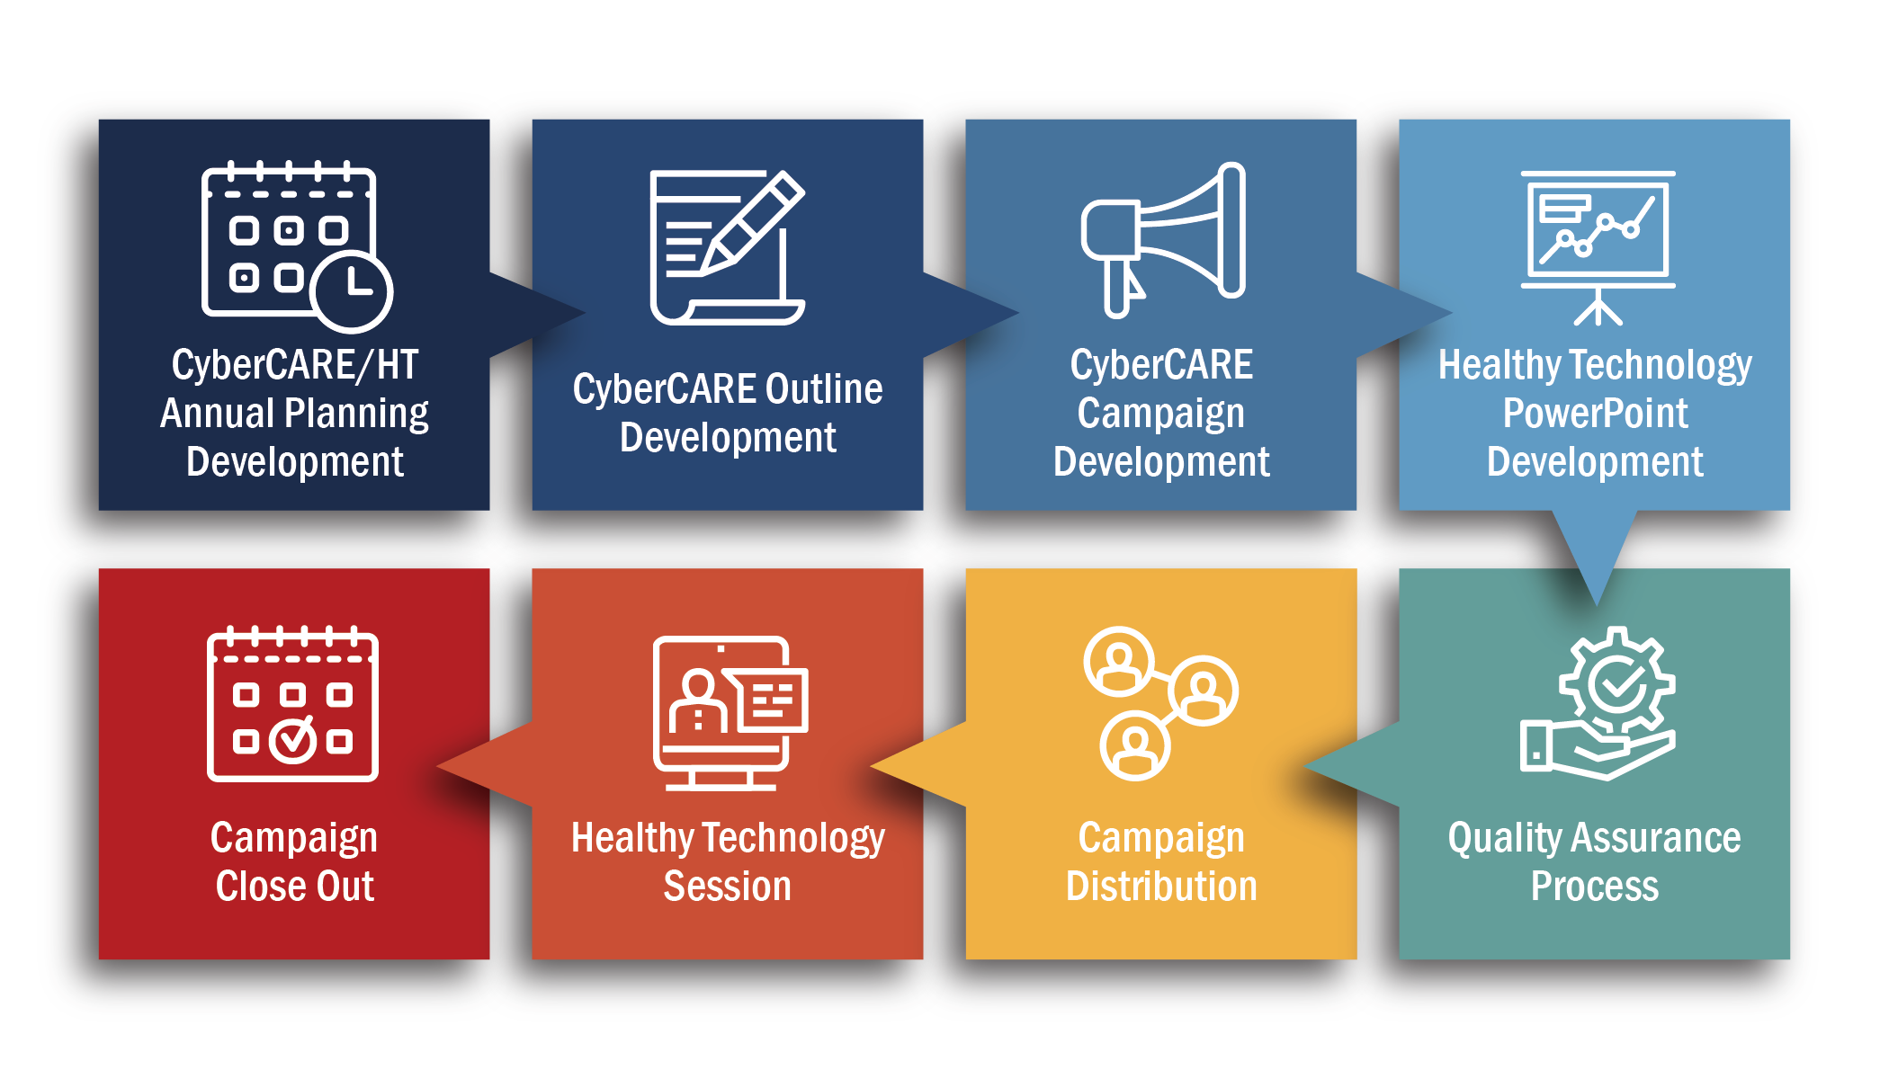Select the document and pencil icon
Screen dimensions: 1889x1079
pyautogui.click(x=727, y=246)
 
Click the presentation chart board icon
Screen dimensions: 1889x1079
pyautogui.click(x=1598, y=247)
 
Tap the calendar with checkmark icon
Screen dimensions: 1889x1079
pyautogui.click(x=293, y=703)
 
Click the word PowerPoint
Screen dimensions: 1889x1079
pyautogui.click(x=1595, y=414)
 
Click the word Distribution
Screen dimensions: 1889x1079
pyautogui.click(x=1161, y=886)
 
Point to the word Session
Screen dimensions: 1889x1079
pyautogui.click(x=727, y=886)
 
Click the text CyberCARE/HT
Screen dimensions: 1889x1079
pyautogui.click(x=295, y=365)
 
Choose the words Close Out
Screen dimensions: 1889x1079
pyautogui.click(x=294, y=886)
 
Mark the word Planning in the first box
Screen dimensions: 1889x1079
pyautogui.click(x=356, y=415)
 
